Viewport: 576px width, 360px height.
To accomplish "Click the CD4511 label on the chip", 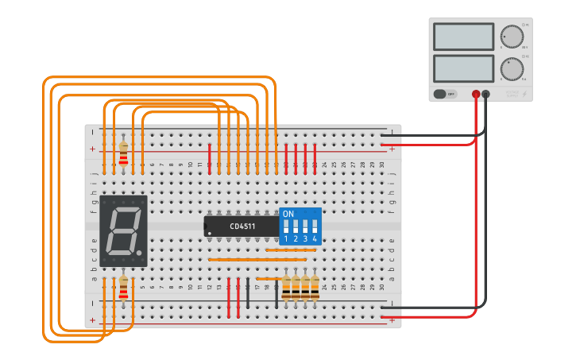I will [242, 226].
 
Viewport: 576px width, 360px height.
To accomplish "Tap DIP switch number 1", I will [286, 226].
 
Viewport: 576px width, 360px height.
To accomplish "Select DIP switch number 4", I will [315, 226].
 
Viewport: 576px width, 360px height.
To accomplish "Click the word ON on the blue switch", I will [288, 215].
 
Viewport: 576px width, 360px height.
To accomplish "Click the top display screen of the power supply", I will [464, 37].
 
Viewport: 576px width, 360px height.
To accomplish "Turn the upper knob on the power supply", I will [512, 37].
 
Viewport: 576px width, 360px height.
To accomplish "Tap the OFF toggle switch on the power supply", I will [445, 94].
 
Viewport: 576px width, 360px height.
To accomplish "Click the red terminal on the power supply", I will [476, 94].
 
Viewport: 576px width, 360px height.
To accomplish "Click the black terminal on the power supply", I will [486, 94].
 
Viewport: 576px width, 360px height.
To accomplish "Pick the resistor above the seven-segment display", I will [123, 154].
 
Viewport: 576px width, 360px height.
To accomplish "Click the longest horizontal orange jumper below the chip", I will [257, 259].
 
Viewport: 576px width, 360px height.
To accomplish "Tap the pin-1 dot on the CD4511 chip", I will [209, 234].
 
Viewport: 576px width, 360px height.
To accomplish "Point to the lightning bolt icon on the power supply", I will [524, 94].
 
